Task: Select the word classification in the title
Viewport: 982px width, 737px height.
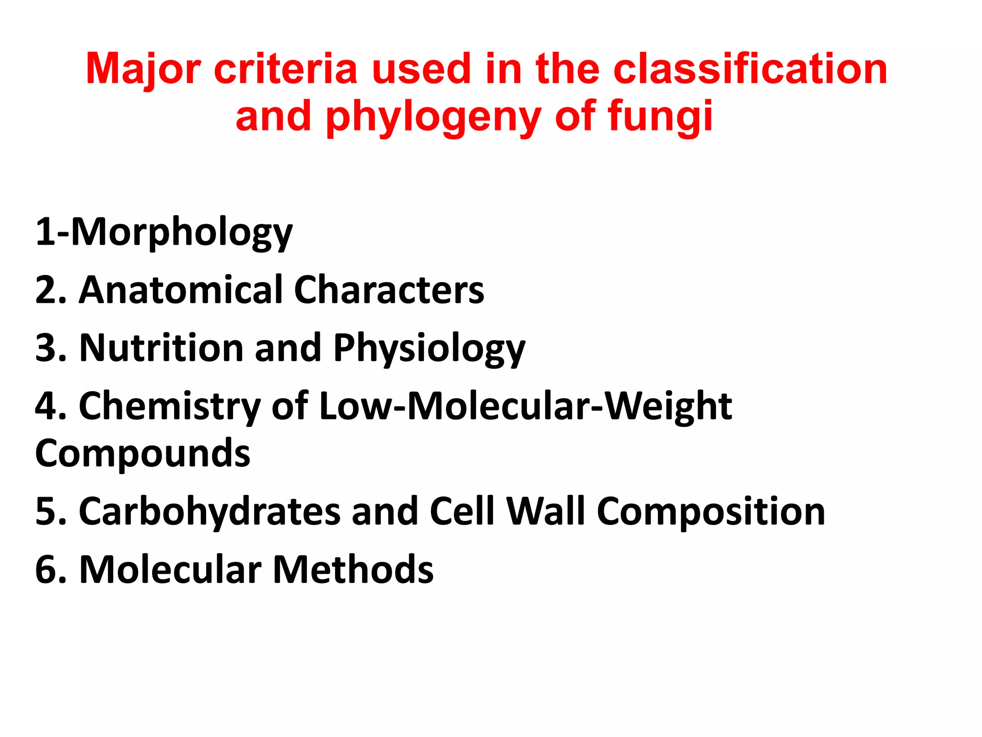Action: click(750, 69)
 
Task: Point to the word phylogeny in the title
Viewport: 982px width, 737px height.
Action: click(433, 118)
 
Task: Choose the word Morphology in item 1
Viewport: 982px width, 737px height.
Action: click(182, 233)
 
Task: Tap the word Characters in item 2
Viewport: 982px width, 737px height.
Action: click(389, 290)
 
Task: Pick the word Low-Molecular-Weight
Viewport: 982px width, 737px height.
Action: click(526, 406)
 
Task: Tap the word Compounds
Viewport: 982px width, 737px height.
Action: click(143, 454)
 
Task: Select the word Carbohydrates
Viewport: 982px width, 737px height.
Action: click(210, 511)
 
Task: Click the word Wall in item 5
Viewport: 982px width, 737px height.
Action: click(546, 511)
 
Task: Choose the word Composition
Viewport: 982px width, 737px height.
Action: click(711, 512)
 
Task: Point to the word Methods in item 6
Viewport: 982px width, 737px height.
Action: click(353, 570)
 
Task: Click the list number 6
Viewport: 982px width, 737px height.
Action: click(46, 570)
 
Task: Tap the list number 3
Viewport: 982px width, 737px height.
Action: click(46, 348)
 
